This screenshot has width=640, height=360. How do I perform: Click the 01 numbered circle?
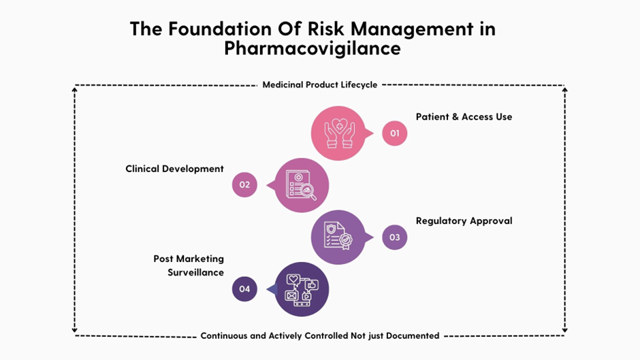click(x=394, y=133)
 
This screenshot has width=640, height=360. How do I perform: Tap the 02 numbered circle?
click(x=244, y=184)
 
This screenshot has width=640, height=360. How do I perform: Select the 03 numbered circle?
click(x=394, y=238)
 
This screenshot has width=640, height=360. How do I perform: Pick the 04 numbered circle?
click(x=244, y=289)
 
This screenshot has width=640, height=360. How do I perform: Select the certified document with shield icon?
click(x=338, y=237)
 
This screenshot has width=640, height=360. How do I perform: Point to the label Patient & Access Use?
click(x=464, y=117)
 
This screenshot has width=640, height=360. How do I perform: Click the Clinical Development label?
click(x=174, y=169)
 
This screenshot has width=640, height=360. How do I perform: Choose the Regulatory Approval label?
click(x=464, y=221)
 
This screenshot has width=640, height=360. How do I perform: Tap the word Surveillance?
click(x=195, y=272)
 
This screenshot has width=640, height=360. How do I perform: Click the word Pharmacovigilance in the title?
click(x=313, y=49)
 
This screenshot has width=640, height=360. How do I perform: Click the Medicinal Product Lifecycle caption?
click(x=319, y=85)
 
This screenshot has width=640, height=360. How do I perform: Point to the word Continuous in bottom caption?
click(x=224, y=336)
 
